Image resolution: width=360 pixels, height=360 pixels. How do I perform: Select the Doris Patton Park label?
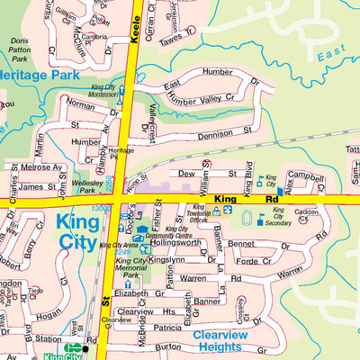click(19, 49)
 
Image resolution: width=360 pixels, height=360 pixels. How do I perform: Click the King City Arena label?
click(119, 245)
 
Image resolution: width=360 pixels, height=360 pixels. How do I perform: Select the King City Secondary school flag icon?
click(262, 215)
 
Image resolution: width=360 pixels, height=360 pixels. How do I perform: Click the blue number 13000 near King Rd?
click(102, 209)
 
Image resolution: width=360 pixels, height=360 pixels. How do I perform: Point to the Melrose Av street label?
click(42, 167)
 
